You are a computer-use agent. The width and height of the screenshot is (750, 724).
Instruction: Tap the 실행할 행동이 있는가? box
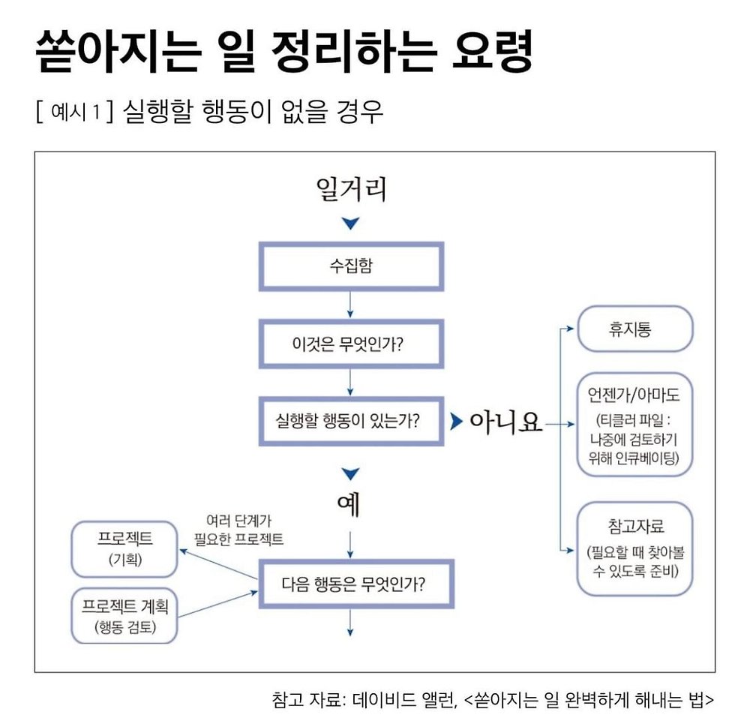(350, 422)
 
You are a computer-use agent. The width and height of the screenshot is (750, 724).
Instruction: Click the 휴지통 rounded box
(634, 329)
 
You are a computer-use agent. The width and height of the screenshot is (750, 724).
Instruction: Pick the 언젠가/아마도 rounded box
(634, 425)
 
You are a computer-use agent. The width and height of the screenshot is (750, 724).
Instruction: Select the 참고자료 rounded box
(634, 548)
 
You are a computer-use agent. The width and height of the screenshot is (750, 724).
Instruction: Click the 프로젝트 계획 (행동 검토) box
(124, 616)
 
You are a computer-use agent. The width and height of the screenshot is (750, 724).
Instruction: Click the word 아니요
(505, 422)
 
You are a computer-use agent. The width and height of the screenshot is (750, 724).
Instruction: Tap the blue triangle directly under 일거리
(351, 224)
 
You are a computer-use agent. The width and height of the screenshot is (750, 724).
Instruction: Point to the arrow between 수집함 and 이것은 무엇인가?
(350, 304)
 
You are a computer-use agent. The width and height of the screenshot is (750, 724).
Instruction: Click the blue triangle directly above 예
(350, 473)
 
